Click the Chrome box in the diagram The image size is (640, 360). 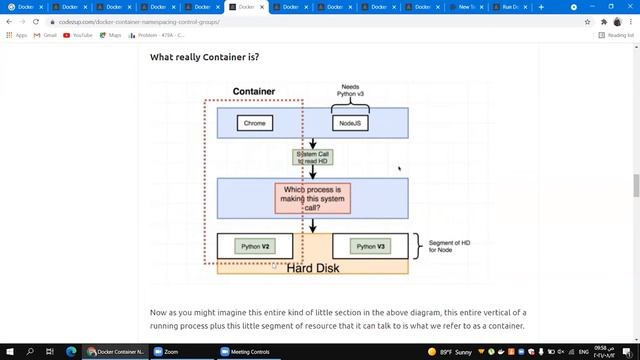tap(255, 123)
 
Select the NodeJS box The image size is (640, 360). tap(349, 123)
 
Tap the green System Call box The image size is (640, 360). tap(312, 157)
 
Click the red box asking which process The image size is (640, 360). tap(312, 197)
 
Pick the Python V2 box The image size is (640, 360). tap(255, 246)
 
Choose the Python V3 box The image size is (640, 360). tap(370, 246)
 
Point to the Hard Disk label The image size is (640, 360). tap(313, 268)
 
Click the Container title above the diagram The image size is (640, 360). tap(254, 91)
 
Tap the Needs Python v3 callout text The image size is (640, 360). tap(349, 92)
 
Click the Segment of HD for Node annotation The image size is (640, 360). tap(449, 246)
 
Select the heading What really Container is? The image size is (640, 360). tap(204, 57)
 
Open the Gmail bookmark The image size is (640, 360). tap(46, 35)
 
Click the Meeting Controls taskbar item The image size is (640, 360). tap(246, 352)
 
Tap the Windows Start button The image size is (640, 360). tap(9, 352)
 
